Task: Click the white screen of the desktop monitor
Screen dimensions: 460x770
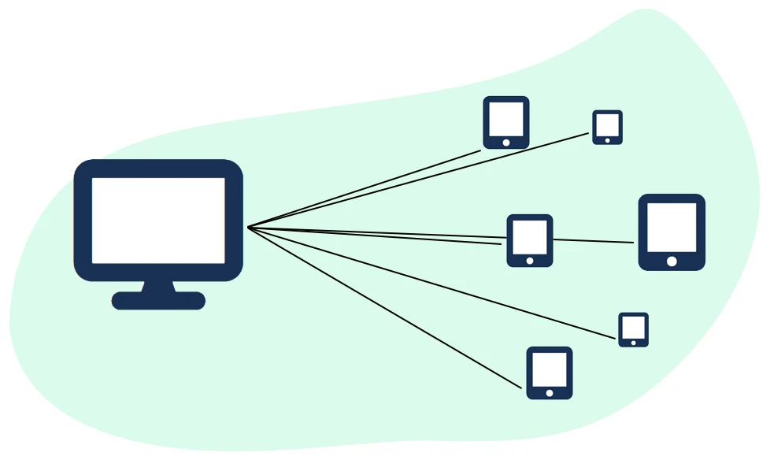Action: [158, 220]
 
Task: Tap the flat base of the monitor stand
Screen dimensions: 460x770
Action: [158, 301]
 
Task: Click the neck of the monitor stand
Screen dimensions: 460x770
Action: [158, 286]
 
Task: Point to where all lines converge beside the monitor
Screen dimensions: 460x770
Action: [249, 228]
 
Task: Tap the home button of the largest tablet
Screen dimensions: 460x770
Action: [672, 262]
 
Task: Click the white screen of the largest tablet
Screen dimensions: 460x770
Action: [672, 227]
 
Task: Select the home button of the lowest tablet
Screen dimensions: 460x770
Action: [550, 392]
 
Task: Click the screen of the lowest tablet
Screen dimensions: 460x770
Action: [550, 369]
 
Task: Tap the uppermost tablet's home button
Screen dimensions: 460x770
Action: [506, 143]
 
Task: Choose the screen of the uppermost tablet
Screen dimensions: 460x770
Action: [506, 119]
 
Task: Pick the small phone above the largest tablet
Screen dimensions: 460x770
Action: [607, 127]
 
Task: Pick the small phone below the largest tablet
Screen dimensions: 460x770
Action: [633, 329]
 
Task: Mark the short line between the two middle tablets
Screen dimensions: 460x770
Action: [593, 240]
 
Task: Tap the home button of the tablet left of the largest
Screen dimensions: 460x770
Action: [530, 261]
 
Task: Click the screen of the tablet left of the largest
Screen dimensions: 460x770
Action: [530, 237]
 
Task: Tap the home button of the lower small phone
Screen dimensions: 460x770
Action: [633, 343]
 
